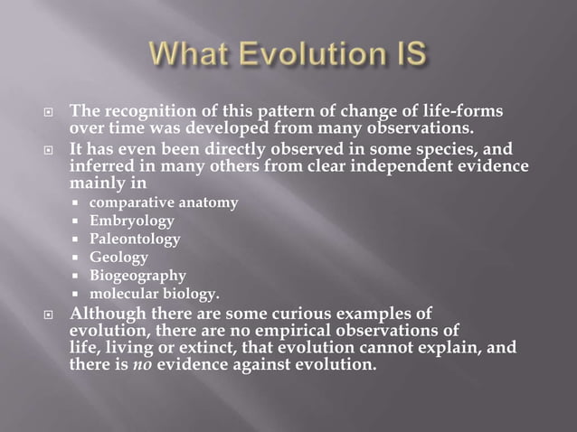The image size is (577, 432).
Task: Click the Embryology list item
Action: pos(132,221)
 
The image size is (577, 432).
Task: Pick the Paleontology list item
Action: pos(135,239)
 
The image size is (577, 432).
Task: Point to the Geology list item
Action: pos(118,258)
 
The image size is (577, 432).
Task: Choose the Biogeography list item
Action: pos(137,276)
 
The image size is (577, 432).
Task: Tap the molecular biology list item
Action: pos(155,294)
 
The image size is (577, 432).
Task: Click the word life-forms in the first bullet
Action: pos(459,111)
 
